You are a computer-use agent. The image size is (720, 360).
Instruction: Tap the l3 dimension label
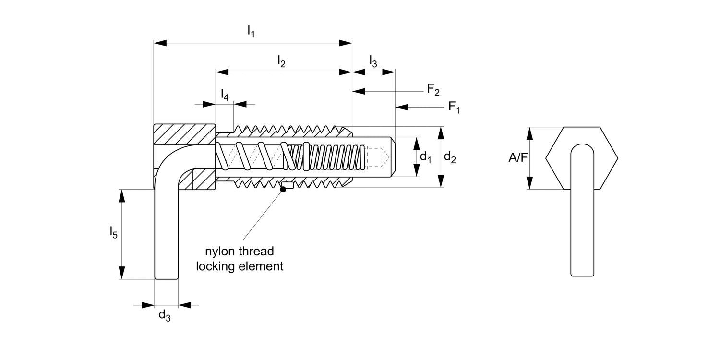373,61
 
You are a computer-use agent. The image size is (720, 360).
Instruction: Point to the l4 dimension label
225,95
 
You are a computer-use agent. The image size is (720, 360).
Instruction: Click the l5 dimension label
113,233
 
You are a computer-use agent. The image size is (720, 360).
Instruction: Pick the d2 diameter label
450,157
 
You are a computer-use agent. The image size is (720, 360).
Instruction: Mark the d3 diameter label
165,315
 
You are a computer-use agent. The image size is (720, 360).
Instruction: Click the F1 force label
454,107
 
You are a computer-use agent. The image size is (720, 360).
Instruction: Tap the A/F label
518,157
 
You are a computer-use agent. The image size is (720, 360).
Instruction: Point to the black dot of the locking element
283,189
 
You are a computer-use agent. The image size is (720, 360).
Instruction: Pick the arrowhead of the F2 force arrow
359,91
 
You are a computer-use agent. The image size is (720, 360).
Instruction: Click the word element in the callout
261,266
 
